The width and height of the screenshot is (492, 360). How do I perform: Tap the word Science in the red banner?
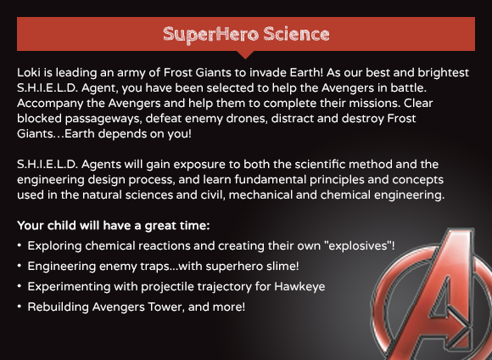click(x=297, y=34)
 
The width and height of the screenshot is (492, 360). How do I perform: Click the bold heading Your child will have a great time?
click(x=114, y=226)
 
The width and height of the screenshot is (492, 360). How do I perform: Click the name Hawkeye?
click(x=299, y=287)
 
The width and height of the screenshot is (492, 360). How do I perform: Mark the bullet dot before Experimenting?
click(x=20, y=286)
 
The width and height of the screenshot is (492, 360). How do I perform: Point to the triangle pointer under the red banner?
click(x=246, y=54)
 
